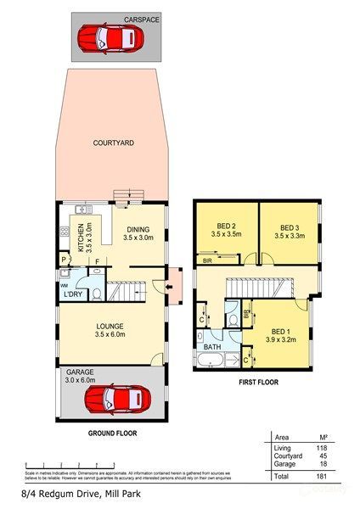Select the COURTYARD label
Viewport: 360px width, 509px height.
113,143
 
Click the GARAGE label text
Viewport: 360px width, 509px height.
76,372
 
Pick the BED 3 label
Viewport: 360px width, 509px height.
290,227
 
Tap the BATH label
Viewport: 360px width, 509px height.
211,347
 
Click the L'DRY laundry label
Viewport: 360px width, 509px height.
73,294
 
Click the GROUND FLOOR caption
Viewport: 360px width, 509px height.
113,433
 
